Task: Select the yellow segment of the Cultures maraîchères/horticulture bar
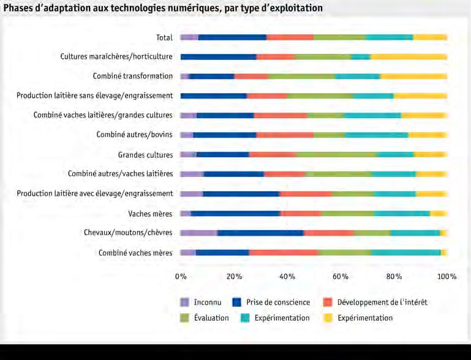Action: (409, 57)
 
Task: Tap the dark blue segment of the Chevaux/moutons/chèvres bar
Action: (260, 233)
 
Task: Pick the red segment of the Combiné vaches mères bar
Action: (284, 252)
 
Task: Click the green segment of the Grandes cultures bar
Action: (336, 154)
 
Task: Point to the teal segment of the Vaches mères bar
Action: (402, 213)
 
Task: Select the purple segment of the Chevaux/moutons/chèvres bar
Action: (198, 233)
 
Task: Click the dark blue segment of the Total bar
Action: (232, 37)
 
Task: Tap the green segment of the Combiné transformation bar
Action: (302, 77)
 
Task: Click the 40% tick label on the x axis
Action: (287, 276)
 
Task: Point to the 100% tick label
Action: (447, 276)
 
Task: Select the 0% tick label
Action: (181, 276)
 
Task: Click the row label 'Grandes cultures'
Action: (145, 155)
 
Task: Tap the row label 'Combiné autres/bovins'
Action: (135, 135)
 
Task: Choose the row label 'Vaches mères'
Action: (151, 214)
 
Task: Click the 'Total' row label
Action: (164, 37)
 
